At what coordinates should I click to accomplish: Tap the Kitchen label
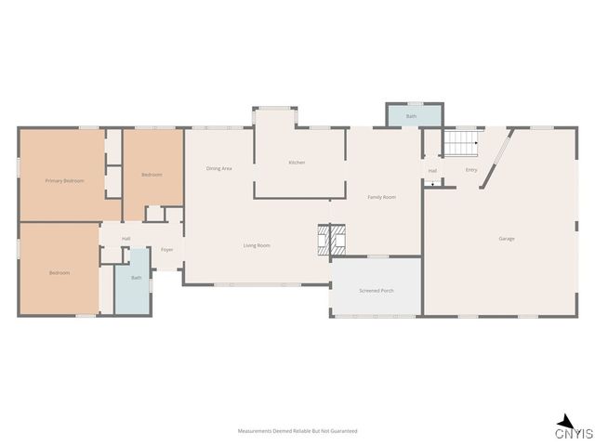[297, 163]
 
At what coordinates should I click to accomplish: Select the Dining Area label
[219, 168]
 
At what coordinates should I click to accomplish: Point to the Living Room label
[257, 245]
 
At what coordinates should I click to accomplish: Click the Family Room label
[382, 197]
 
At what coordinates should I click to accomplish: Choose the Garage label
[507, 239]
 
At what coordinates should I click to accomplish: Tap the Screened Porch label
[377, 291]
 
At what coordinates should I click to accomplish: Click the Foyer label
[167, 250]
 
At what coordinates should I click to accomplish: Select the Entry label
[471, 170]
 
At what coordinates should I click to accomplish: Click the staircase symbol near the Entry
[459, 144]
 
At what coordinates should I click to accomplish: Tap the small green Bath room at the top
[411, 116]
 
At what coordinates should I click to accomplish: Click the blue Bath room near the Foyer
[136, 279]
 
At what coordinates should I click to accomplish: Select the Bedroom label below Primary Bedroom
[59, 272]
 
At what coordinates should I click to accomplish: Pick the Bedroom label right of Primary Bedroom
[152, 175]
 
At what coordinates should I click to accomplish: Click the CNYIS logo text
[575, 433]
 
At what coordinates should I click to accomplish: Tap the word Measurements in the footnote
[255, 431]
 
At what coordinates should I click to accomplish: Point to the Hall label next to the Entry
[432, 171]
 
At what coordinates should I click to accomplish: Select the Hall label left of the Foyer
[126, 239]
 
